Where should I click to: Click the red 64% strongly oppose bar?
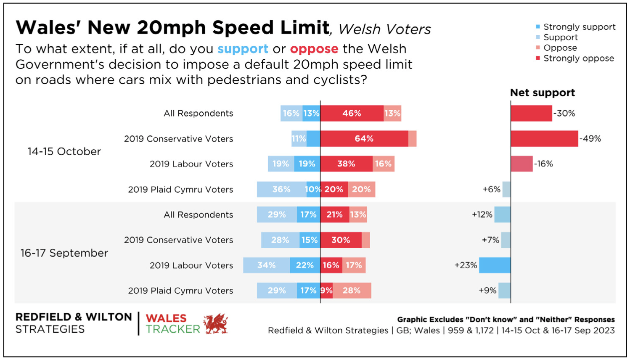click(x=364, y=139)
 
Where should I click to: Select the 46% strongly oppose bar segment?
click(x=352, y=114)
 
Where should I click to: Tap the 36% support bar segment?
click(x=281, y=189)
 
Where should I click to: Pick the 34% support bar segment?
click(x=267, y=265)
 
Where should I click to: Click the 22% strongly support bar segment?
click(x=305, y=265)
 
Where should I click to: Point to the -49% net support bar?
click(x=544, y=139)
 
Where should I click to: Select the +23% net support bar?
click(x=495, y=265)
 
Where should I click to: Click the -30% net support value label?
click(x=564, y=114)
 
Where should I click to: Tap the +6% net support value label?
click(x=491, y=189)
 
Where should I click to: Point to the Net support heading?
click(x=542, y=93)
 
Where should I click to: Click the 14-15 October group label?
click(x=64, y=151)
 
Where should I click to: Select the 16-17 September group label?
click(x=64, y=253)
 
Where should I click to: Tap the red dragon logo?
click(x=215, y=324)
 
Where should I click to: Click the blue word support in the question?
click(x=243, y=49)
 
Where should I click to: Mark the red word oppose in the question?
click(x=314, y=49)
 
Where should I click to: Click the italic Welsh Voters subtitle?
click(x=384, y=29)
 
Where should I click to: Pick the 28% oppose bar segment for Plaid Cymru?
click(x=352, y=291)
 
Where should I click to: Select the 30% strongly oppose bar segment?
click(x=341, y=240)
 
